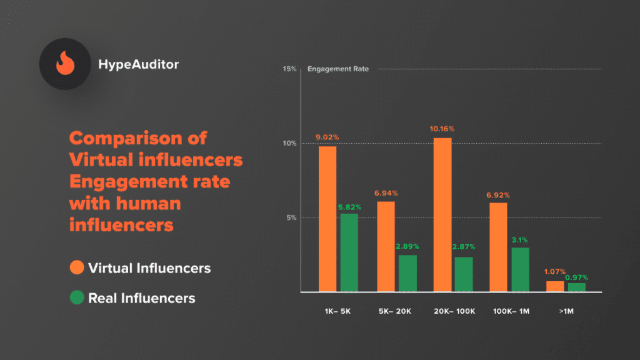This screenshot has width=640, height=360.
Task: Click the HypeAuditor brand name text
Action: pyautogui.click(x=138, y=64)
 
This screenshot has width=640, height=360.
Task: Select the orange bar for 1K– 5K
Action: pyautogui.click(x=327, y=219)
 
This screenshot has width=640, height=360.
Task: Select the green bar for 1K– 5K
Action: pyautogui.click(x=349, y=252)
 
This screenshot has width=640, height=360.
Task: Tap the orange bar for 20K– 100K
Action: pyautogui.click(x=442, y=214)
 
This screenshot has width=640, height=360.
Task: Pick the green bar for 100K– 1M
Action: pyautogui.click(x=520, y=269)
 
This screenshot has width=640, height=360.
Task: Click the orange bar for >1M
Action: pyautogui.click(x=555, y=286)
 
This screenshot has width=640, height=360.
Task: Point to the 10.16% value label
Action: pyautogui.click(x=442, y=129)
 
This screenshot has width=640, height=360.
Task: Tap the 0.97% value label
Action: pyautogui.click(x=576, y=277)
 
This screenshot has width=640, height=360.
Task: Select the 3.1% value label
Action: pyautogui.click(x=520, y=239)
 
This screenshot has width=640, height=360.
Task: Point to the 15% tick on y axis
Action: pyautogui.click(x=289, y=69)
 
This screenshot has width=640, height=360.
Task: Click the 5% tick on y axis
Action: pyautogui.click(x=291, y=218)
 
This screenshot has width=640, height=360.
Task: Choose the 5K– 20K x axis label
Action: pyautogui.click(x=396, y=311)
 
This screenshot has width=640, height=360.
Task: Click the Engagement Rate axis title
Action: pyautogui.click(x=338, y=69)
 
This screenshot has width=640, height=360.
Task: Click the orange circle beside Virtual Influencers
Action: pyautogui.click(x=77, y=268)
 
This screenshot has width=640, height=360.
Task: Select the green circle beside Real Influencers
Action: pyautogui.click(x=77, y=298)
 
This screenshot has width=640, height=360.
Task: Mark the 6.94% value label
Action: pyautogui.click(x=386, y=193)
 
